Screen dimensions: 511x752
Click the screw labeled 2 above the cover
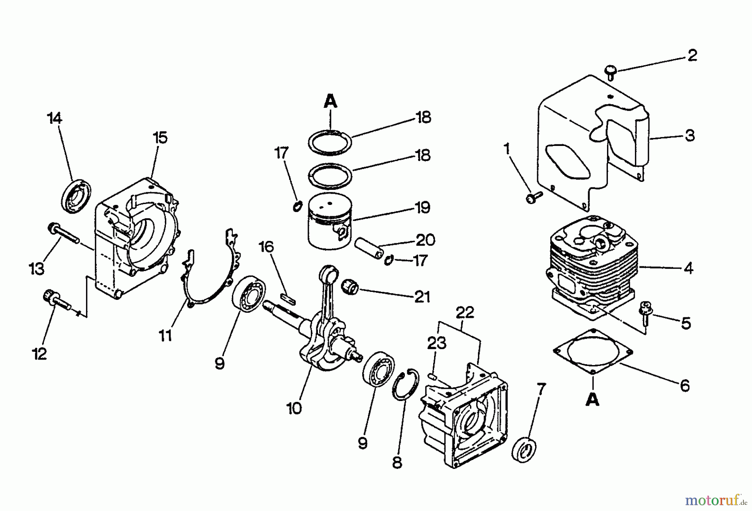[611, 72]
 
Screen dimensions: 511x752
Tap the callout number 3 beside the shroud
[690, 135]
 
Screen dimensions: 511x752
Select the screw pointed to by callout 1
[534, 197]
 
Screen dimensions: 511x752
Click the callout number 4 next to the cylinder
[688, 268]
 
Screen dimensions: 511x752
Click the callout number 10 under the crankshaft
[295, 408]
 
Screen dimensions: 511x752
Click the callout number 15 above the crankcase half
[160, 137]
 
